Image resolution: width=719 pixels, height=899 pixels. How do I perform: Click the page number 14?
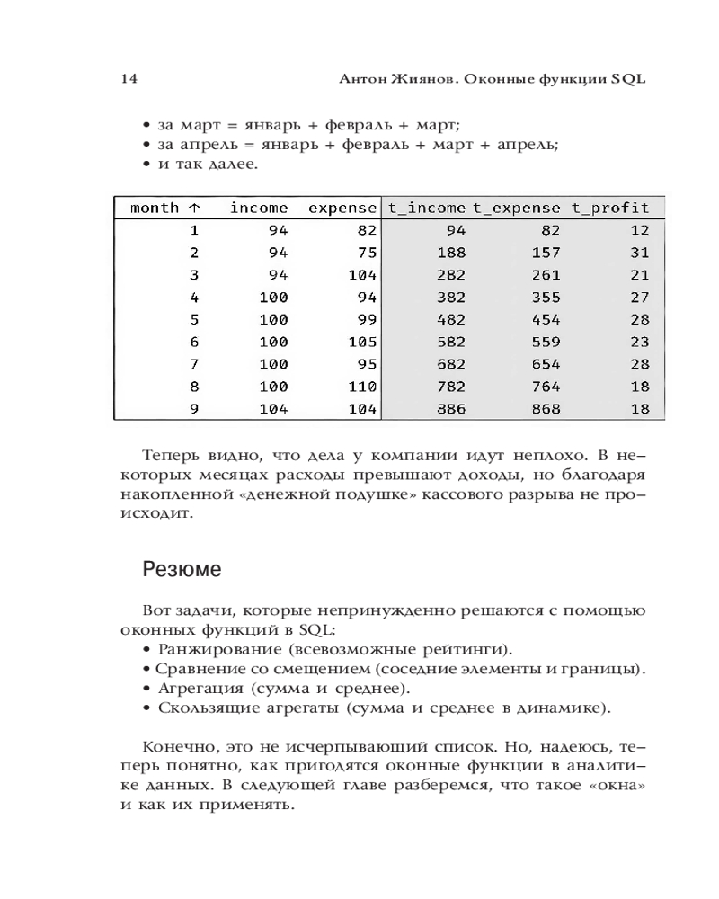click(x=128, y=78)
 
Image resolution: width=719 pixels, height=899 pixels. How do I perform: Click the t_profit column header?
click(x=609, y=208)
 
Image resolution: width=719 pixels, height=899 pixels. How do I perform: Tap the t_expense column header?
click(x=517, y=208)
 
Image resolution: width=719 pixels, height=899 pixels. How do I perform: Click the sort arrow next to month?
click(x=195, y=208)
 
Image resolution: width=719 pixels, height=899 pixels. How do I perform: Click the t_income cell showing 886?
click(x=450, y=408)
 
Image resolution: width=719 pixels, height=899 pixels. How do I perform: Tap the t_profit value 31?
click(x=639, y=253)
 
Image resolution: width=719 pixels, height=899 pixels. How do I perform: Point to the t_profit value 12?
click(x=639, y=230)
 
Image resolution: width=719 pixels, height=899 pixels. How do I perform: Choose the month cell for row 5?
click(x=193, y=319)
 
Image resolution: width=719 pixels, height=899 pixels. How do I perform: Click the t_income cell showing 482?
click(x=450, y=319)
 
